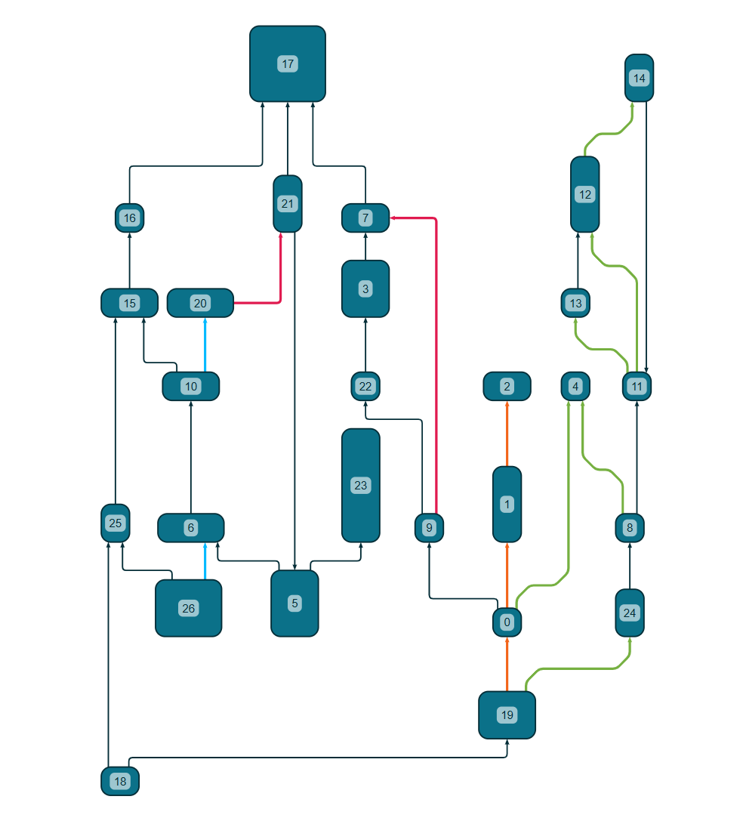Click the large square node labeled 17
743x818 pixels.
287,63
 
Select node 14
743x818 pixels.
639,78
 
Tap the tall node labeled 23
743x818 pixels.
360,485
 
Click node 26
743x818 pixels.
188,607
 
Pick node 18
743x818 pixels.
120,780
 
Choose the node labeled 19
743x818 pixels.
507,715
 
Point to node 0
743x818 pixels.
507,622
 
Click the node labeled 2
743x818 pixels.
507,386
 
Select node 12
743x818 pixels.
584,194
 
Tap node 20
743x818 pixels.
200,303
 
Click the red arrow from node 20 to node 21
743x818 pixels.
280,279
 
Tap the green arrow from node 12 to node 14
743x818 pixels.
608,134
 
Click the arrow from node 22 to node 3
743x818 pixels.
365,344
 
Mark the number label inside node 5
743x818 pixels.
294,603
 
